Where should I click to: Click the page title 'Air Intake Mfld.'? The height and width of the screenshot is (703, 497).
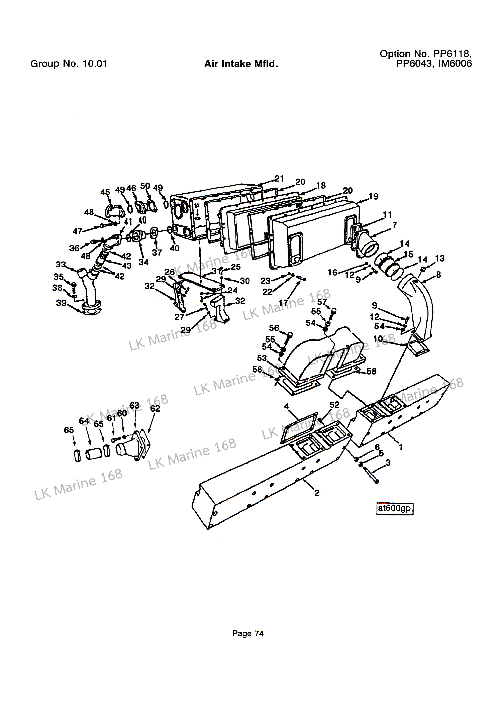coord(241,64)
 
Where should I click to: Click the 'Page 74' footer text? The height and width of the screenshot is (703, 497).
coord(248,633)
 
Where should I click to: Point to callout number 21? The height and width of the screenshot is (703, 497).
coord(279,179)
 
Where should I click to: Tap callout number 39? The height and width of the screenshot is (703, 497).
coord(61,303)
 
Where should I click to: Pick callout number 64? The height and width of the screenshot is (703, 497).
coord(84,421)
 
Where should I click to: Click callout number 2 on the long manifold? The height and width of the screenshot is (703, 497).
coord(317,493)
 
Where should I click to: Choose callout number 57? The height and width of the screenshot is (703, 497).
coord(322,302)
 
